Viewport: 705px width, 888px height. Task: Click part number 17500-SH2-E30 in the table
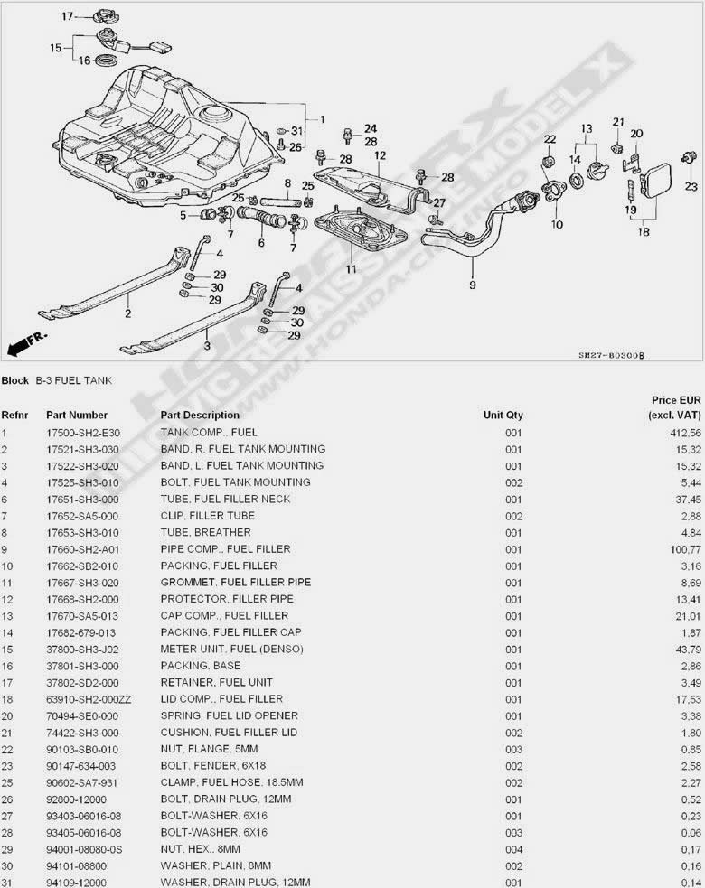click(83, 433)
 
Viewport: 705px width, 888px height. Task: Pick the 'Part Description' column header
click(200, 416)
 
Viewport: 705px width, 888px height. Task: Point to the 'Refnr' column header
click(16, 416)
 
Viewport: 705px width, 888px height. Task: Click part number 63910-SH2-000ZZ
click(89, 698)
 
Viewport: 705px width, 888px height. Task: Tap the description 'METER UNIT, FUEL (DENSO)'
click(231, 649)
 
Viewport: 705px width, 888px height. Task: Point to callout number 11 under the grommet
click(351, 268)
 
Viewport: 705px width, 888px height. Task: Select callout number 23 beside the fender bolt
click(691, 187)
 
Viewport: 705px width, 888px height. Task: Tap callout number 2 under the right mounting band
click(128, 314)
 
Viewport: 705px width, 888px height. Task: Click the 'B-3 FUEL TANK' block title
click(73, 380)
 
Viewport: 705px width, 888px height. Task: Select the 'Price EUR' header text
click(676, 399)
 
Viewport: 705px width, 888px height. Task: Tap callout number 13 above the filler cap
click(586, 128)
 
